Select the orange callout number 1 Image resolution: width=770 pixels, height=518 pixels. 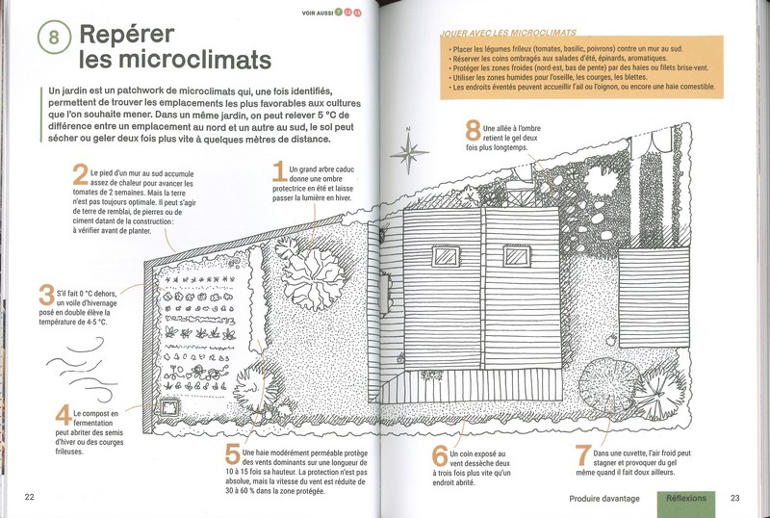click(279, 172)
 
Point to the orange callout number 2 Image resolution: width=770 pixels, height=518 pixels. click(80, 175)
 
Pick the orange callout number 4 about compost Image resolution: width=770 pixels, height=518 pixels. click(63, 416)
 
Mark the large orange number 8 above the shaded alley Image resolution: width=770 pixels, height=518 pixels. click(473, 131)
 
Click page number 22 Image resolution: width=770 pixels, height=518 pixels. click(29, 497)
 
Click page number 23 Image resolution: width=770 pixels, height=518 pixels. click(735, 498)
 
